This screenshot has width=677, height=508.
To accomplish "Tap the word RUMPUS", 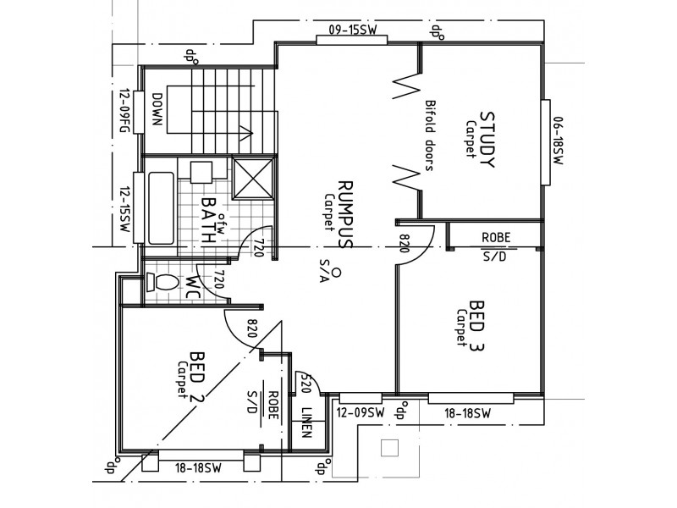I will click(x=344, y=213).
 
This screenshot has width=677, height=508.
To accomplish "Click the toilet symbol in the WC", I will click(x=162, y=283).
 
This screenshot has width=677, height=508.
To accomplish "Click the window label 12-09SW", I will click(x=360, y=412).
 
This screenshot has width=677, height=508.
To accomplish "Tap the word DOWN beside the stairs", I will click(x=156, y=108).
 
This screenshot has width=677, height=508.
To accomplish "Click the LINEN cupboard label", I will click(x=306, y=423).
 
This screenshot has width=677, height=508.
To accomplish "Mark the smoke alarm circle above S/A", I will click(x=336, y=273).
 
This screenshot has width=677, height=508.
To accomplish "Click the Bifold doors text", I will click(x=429, y=135).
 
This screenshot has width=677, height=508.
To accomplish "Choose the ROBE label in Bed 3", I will click(x=495, y=237).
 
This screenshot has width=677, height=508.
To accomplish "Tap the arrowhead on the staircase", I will click(x=245, y=131).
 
